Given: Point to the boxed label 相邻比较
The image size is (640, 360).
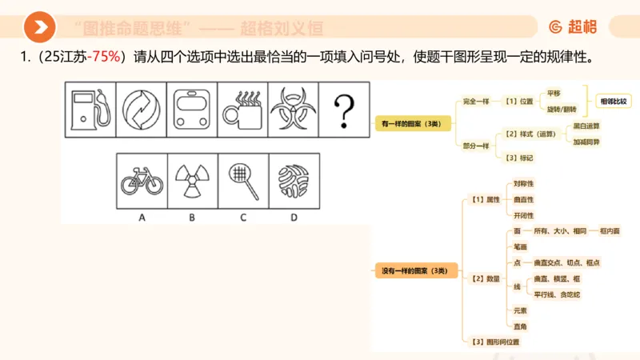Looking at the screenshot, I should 614,102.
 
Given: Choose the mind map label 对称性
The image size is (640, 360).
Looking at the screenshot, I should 524,183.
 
